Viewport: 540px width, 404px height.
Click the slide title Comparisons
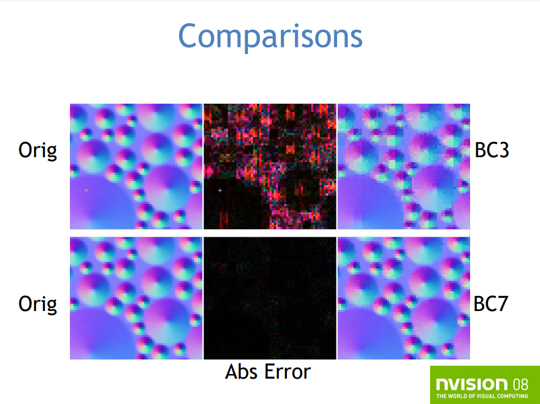tap(271, 37)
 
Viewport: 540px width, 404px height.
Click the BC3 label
tap(492, 150)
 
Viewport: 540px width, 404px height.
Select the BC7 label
tap(491, 304)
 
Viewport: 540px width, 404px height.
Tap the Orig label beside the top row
tap(38, 151)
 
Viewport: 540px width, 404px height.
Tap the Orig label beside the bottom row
tap(38, 304)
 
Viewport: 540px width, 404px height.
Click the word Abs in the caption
tap(240, 372)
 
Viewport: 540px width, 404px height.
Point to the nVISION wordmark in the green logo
tap(471, 384)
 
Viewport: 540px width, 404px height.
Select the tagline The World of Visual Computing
tap(482, 396)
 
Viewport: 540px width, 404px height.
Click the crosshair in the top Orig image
tap(86, 190)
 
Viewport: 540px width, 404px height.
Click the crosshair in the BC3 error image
tap(220, 190)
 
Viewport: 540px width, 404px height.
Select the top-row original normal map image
tap(136, 166)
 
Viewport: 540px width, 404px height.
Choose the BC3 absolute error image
tap(270, 166)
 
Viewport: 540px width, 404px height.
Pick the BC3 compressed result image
tap(404, 166)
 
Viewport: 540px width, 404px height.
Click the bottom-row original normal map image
tap(136, 298)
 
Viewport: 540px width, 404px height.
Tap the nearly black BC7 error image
tap(270, 298)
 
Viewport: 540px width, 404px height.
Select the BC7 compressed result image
tap(404, 298)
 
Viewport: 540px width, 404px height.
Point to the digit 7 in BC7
tap(502, 304)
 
